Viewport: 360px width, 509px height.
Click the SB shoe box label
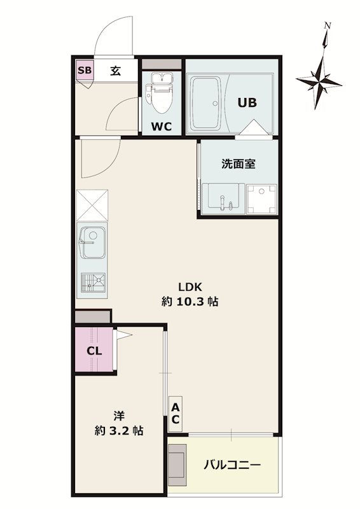(x=85, y=70)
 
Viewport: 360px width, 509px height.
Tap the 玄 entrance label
(x=116, y=71)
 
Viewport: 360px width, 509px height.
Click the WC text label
(x=162, y=126)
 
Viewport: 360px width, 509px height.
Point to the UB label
(x=247, y=102)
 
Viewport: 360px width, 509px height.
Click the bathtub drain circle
(x=215, y=103)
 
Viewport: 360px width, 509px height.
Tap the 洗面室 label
(x=239, y=164)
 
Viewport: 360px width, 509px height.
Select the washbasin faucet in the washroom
(x=223, y=202)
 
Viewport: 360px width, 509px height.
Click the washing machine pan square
(x=261, y=199)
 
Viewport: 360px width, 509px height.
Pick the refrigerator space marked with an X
(x=92, y=206)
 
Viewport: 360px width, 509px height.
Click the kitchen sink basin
(x=93, y=242)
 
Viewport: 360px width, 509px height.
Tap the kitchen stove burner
(x=93, y=282)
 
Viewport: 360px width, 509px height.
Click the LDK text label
(x=190, y=287)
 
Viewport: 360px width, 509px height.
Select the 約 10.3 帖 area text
(x=190, y=302)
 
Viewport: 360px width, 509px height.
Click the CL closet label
(x=94, y=351)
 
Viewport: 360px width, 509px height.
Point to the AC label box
(x=176, y=414)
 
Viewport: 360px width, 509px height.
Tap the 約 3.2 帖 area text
(x=119, y=431)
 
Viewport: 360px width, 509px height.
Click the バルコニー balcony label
(x=232, y=466)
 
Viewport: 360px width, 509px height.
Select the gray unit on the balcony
(x=177, y=464)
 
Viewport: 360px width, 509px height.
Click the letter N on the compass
(x=328, y=26)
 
